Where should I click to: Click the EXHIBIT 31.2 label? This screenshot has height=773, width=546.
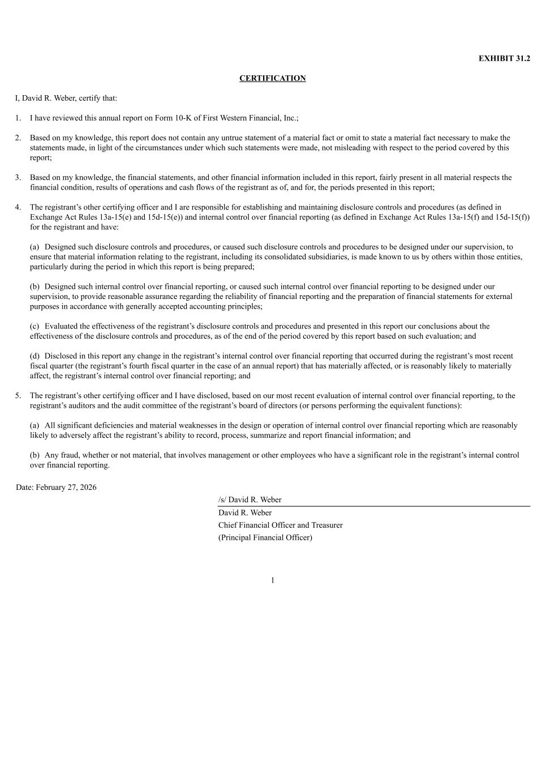504,58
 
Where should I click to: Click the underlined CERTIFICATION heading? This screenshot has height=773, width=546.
272,78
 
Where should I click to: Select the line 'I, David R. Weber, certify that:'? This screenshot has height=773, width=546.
66,98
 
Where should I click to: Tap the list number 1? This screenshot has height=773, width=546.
18,118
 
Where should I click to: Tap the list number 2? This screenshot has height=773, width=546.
18,138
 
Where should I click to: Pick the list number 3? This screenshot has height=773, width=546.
18,177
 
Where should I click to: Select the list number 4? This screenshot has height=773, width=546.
18,207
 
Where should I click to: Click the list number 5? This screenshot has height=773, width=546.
18,396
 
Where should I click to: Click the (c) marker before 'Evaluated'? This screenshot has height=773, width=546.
35,326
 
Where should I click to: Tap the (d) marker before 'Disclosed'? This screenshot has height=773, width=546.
35,356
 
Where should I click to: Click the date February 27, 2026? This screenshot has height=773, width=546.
66,488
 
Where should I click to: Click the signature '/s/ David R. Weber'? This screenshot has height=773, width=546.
250,500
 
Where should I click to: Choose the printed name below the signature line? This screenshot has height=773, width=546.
245,513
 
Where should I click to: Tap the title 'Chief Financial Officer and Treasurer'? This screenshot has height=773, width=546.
280,525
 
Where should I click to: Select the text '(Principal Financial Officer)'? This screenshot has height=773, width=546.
265,537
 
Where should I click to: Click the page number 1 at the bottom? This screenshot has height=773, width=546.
273,580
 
